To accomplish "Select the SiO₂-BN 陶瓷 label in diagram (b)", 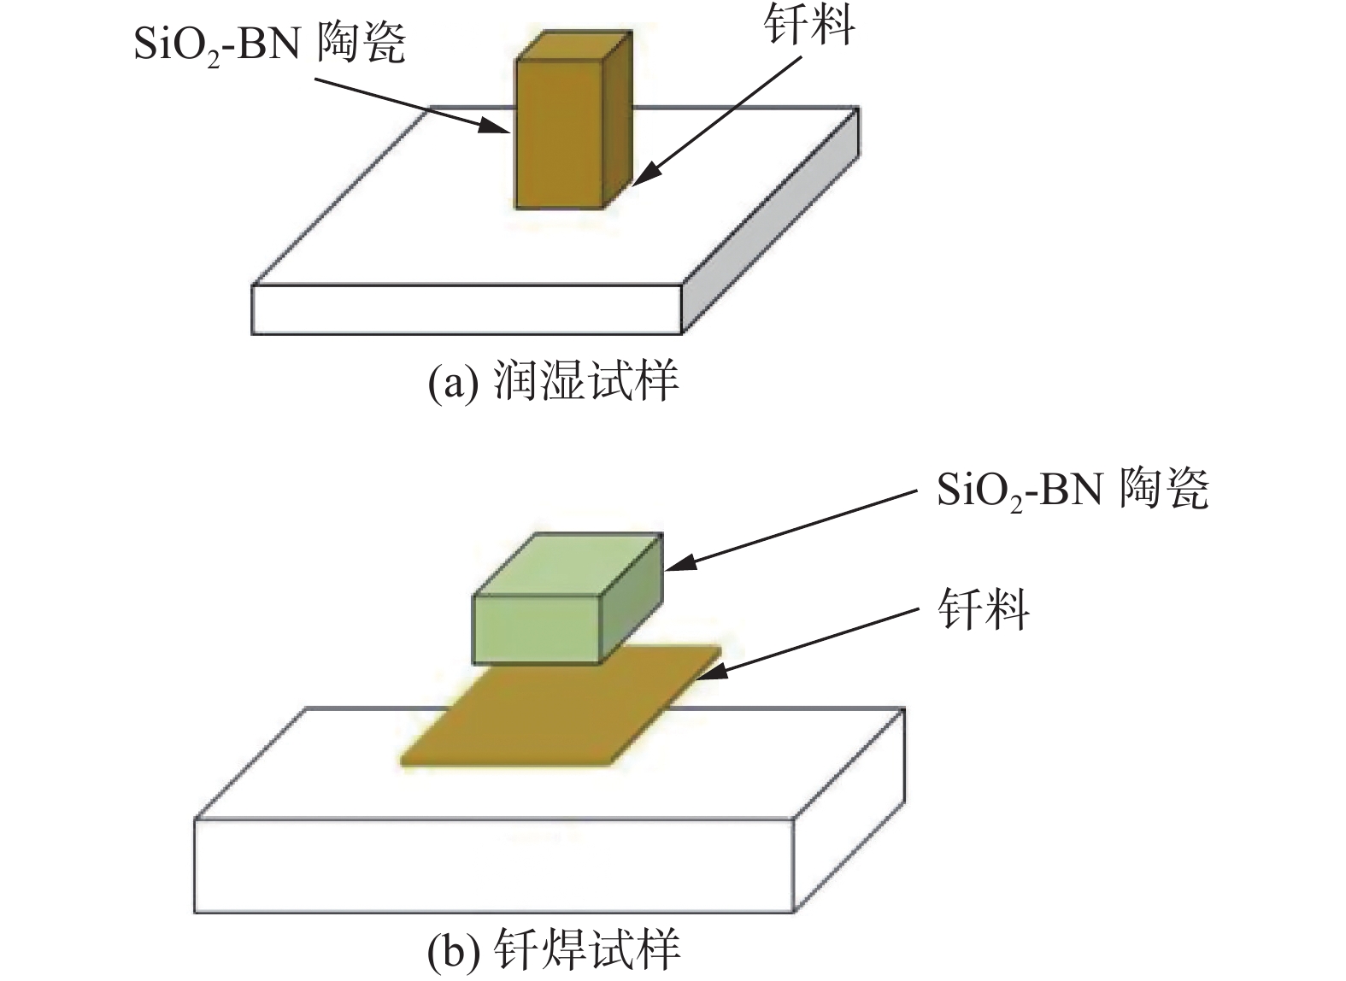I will click(1073, 491).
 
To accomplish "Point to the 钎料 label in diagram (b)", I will click(983, 610).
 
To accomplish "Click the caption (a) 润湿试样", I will click(553, 382).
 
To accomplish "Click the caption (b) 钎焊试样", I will click(553, 949).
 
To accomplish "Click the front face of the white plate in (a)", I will click(466, 309).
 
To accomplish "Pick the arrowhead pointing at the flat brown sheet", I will click(712, 673).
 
